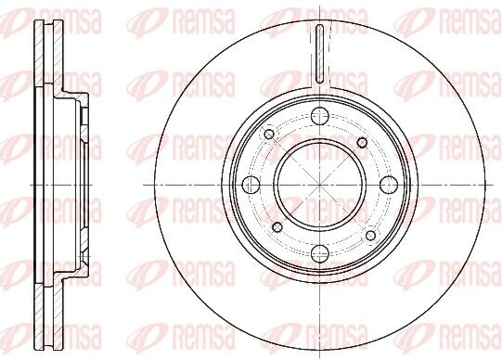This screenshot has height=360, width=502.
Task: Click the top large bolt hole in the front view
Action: point(320,117)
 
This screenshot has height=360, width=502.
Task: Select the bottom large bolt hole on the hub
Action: point(320,253)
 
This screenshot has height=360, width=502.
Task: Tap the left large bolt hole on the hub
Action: point(251,185)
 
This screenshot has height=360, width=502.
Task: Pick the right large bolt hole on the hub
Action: point(389,185)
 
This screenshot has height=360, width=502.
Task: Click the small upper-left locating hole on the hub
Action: point(269,134)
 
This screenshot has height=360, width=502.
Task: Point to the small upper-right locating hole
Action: point(362,142)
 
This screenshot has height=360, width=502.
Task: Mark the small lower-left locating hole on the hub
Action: point(277,227)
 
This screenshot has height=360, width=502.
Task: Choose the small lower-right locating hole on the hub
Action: point(370,236)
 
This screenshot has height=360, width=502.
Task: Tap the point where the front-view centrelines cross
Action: point(320,185)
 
